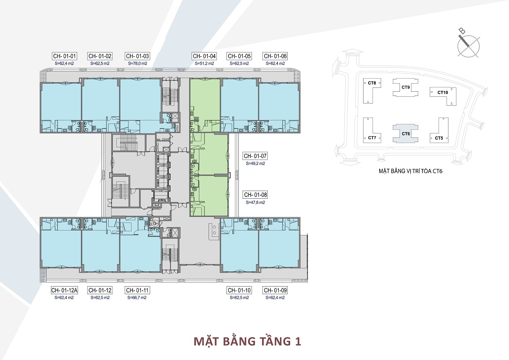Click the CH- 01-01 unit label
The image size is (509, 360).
pos(64,56)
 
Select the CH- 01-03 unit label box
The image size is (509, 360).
pos(137,56)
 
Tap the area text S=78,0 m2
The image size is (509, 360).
pos(137,63)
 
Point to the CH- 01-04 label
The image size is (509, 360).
pos(204,56)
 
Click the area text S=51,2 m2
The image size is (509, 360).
pos(204,63)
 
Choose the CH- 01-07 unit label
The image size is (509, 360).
pos(255,156)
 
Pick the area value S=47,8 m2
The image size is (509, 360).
pos(255,202)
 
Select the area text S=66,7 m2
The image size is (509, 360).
pos(137,298)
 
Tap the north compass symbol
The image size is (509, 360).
pos(469,45)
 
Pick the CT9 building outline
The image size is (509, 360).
pos(406,87)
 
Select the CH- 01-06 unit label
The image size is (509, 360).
pos(275,56)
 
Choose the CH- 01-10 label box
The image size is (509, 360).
pos(239,290)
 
